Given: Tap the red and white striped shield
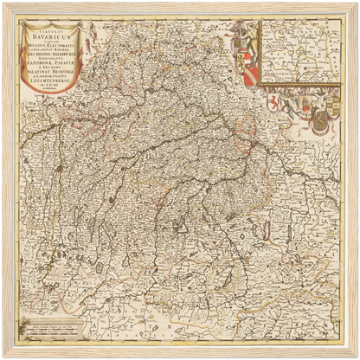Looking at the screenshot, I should pos(249,76).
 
